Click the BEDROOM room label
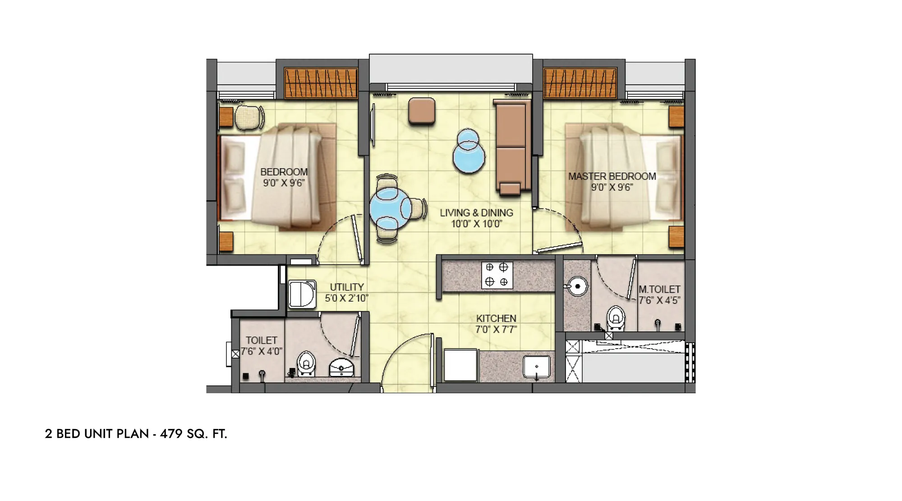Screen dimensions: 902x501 [284, 172]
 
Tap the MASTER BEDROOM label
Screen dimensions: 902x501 [612, 176]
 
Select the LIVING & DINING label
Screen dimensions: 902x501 [477, 213]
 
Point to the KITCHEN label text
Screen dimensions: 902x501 [496, 318]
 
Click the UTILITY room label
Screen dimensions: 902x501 [347, 287]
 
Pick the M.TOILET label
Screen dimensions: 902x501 [659, 289]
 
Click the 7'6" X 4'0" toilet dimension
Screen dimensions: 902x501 [262, 351]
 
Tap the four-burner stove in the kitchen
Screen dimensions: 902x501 [497, 275]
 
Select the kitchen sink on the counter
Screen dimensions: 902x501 [537, 367]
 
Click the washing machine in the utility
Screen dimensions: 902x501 [302, 294]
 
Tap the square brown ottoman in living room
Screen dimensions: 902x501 [422, 110]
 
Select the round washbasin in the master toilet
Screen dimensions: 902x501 [577, 286]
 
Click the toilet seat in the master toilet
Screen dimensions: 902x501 [616, 317]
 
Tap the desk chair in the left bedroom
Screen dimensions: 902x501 [249, 117]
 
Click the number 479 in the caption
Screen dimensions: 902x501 [171, 434]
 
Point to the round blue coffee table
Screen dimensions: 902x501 [469, 152]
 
